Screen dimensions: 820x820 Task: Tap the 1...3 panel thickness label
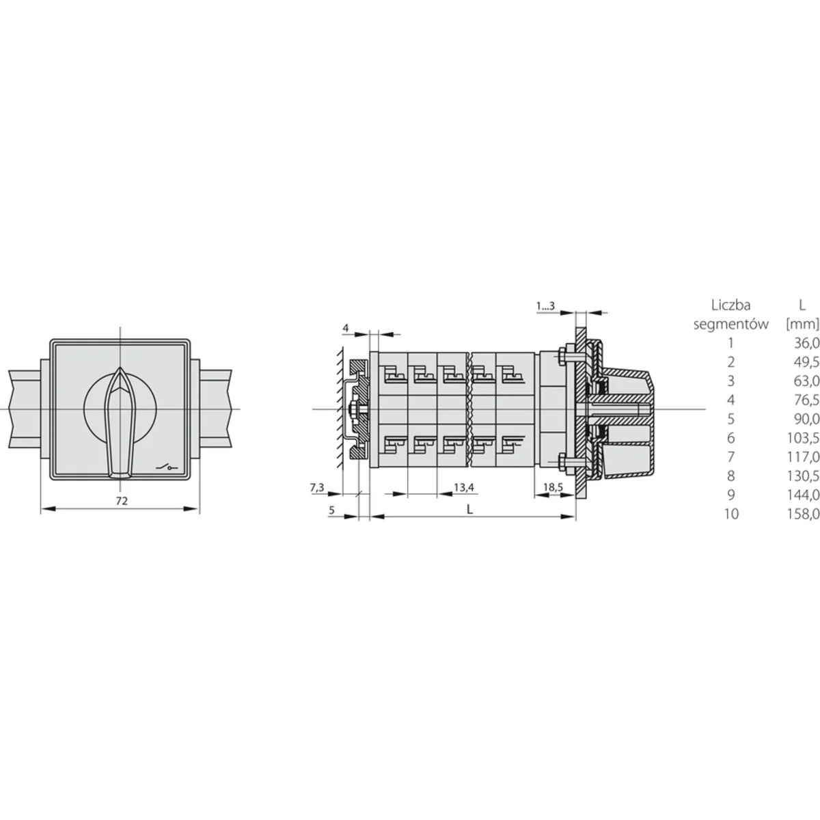click(x=545, y=306)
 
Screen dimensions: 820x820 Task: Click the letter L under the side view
click(x=469, y=509)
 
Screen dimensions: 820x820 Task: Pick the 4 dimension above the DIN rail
click(x=346, y=328)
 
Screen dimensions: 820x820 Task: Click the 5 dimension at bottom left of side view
click(x=332, y=510)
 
